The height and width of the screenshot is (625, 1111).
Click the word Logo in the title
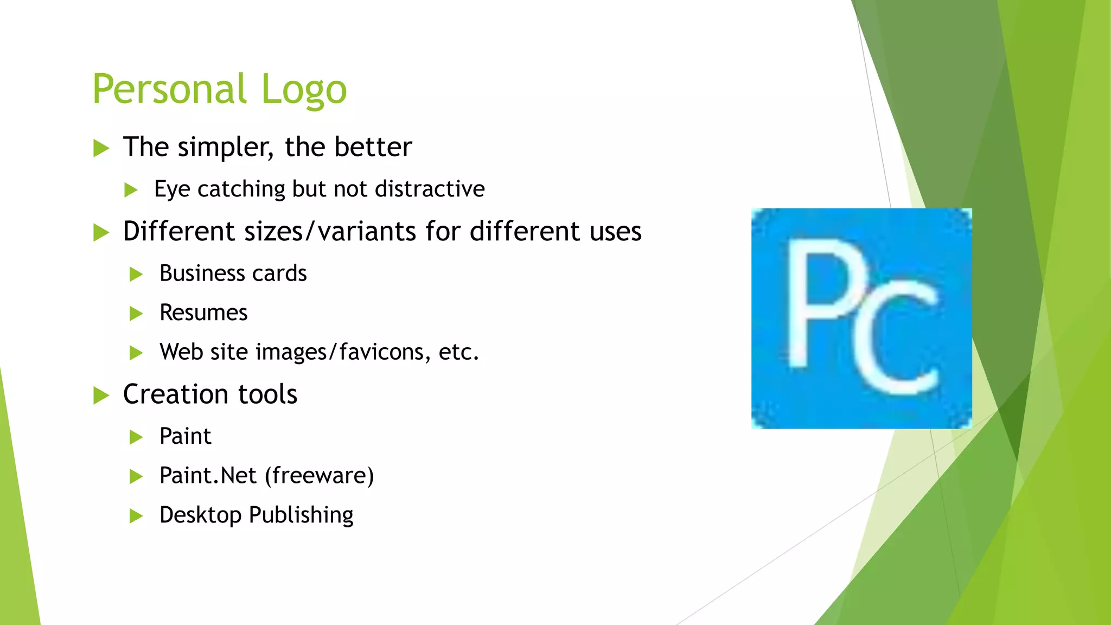pos(304,90)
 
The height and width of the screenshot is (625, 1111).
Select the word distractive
pos(430,189)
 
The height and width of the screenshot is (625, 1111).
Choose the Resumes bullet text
pos(203,313)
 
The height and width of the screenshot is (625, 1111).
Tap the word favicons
pos(381,352)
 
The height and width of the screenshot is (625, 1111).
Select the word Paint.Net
pos(207,476)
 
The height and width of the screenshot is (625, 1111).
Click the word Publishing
pos(301,515)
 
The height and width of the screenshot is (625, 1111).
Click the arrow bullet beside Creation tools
pos(101,395)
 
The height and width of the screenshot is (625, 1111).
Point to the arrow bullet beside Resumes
pos(136,314)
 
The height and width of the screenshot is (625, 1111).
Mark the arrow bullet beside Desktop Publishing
pos(136,515)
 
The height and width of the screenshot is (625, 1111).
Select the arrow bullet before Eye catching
pos(131,190)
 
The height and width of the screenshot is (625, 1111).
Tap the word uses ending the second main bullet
pos(615,232)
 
